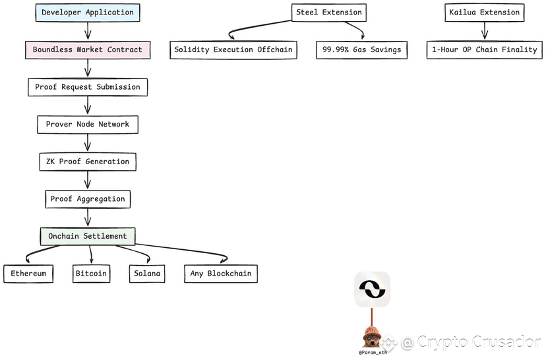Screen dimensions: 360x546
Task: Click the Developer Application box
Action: [86, 13]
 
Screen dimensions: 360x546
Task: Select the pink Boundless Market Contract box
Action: [87, 49]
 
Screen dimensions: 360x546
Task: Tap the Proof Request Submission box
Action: [88, 87]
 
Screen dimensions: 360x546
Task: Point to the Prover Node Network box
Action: [88, 124]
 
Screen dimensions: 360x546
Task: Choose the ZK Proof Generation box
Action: [88, 162]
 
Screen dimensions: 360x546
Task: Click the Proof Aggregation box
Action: [88, 198]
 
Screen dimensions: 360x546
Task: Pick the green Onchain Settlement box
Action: [88, 236]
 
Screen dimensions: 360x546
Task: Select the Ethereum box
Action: [28, 274]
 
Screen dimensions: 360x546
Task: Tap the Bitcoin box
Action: [91, 274]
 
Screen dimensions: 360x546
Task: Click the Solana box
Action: [146, 274]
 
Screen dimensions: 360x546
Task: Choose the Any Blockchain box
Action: [220, 274]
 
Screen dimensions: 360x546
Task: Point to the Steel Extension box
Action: [328, 13]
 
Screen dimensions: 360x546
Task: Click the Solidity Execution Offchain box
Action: [233, 50]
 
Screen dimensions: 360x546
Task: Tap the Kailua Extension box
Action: [485, 13]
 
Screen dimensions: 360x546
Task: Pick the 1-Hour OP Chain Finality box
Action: [485, 50]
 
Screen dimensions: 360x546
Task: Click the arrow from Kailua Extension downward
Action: [485, 31]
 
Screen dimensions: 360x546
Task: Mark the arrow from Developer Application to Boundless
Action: [88, 31]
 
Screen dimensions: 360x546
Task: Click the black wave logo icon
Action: [372, 289]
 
